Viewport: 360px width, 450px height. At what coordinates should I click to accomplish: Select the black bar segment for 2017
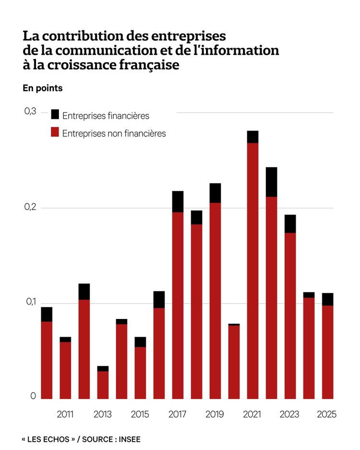point(178,201)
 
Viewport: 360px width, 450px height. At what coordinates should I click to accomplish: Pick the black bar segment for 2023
point(290,224)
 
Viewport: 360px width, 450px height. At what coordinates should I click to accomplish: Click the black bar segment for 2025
point(328,299)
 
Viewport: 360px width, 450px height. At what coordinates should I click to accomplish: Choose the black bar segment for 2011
point(65,339)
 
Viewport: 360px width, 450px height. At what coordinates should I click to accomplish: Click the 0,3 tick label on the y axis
point(30,111)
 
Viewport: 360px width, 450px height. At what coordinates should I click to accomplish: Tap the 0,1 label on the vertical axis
point(30,302)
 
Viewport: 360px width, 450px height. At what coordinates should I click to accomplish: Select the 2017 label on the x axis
point(178,414)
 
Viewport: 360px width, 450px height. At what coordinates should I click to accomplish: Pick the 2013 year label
point(103,414)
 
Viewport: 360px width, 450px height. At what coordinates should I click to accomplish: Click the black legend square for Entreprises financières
point(55,114)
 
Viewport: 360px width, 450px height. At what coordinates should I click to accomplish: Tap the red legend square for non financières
point(55,132)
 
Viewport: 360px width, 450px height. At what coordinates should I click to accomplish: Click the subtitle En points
point(42,88)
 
